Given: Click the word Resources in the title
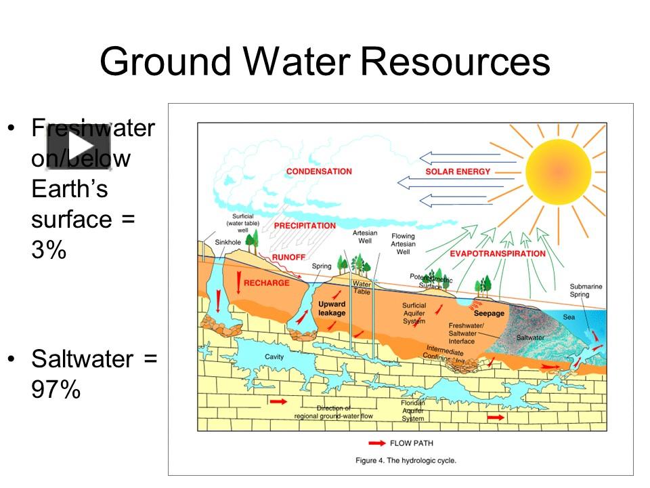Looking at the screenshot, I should (x=454, y=62).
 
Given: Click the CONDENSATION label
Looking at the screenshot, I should (x=319, y=171).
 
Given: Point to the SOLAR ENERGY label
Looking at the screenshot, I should (x=458, y=171).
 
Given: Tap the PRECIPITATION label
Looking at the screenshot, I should (x=305, y=225).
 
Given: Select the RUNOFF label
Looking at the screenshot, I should (x=289, y=258).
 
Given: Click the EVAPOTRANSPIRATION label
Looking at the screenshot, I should (x=498, y=253).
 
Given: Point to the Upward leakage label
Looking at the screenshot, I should (x=332, y=308).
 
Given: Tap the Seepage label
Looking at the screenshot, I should (x=489, y=313).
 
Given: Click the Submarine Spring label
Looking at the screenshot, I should (x=586, y=291).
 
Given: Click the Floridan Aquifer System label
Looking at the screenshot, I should (x=413, y=411).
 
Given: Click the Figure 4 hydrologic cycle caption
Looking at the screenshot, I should (x=406, y=460).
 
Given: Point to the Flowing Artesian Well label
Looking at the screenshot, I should (x=403, y=244).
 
